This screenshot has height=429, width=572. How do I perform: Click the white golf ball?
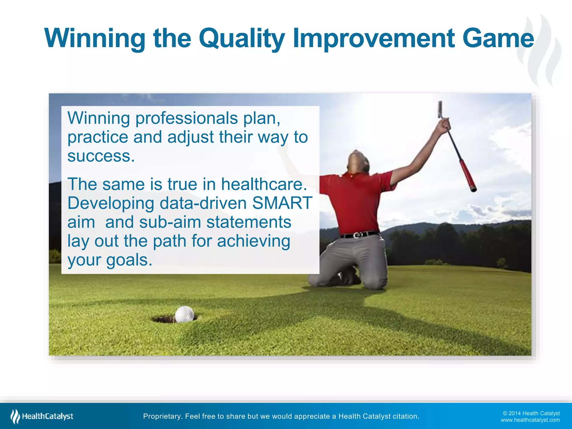[x=184, y=314]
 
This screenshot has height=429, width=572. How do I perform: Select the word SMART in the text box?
[x=282, y=203]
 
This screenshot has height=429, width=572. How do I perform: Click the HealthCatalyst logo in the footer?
[x=42, y=416]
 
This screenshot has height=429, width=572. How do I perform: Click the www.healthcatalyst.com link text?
[x=530, y=420]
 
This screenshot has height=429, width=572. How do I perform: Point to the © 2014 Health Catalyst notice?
[x=531, y=413]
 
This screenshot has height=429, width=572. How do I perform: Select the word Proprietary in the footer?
[x=162, y=416]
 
